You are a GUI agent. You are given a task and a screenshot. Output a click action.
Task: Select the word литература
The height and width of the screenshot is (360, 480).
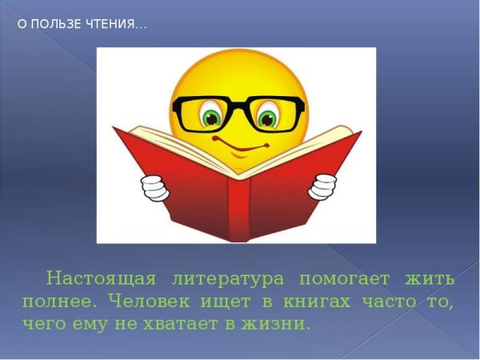point(228,278)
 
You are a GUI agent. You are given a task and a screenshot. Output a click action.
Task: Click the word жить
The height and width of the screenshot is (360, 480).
point(430,278)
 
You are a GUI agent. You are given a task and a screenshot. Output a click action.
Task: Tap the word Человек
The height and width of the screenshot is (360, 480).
point(151,302)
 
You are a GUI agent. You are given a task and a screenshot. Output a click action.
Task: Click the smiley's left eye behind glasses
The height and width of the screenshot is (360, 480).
point(211,118)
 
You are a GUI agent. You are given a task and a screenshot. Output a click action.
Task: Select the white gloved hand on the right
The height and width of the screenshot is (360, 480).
point(324,186)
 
